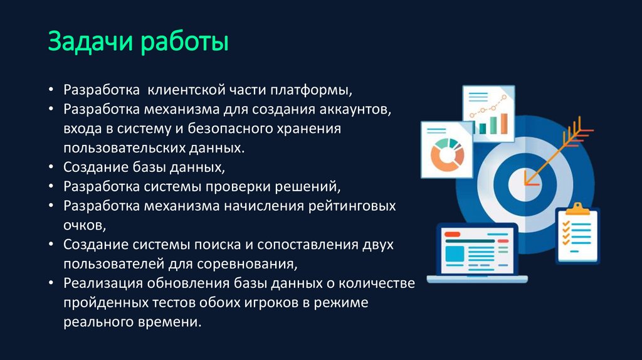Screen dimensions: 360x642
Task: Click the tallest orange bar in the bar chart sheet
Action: (503, 124)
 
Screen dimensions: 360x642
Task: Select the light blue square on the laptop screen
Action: (455, 254)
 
